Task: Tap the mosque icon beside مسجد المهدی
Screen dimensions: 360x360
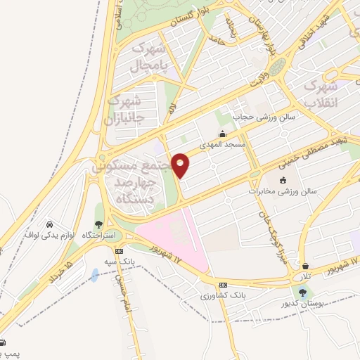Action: pyautogui.click(x=223, y=134)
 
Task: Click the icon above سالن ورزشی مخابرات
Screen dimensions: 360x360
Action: pyautogui.click(x=283, y=180)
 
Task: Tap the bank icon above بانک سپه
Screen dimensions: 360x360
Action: pyautogui.click(x=120, y=250)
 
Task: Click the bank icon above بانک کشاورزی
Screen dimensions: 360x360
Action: pyautogui.click(x=223, y=285)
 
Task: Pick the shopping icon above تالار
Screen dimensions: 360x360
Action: pyautogui.click(x=307, y=266)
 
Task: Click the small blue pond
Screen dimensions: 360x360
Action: pyautogui.click(x=95, y=274)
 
